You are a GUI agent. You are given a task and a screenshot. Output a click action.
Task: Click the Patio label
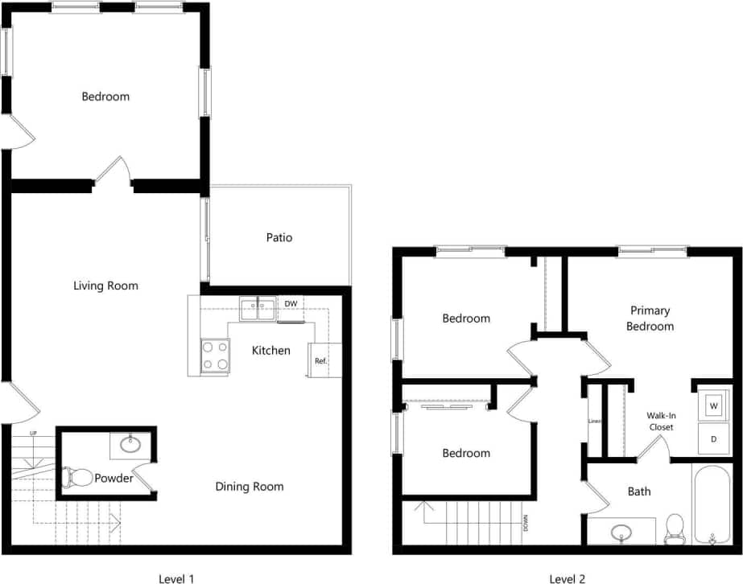279,237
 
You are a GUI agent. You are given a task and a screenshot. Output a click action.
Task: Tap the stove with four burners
215,356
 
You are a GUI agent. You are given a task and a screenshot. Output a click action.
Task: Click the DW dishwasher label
291,303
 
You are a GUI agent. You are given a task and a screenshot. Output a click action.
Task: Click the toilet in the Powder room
76,477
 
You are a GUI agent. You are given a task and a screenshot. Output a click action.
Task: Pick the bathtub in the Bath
712,503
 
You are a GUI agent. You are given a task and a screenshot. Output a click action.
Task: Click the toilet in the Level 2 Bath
675,528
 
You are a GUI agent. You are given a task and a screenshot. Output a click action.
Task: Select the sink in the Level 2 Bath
621,532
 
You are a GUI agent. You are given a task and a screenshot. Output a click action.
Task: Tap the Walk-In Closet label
660,421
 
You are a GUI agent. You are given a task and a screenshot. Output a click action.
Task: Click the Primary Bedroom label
650,318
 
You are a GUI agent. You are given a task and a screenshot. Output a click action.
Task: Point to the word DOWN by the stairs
526,523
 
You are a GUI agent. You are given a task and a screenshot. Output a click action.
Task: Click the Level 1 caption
177,578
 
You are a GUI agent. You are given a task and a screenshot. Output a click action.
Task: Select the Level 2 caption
568,578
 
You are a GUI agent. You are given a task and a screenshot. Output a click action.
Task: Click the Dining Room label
250,486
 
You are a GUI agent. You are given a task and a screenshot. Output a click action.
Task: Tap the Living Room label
105,286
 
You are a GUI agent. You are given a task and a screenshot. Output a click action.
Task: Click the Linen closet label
594,421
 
